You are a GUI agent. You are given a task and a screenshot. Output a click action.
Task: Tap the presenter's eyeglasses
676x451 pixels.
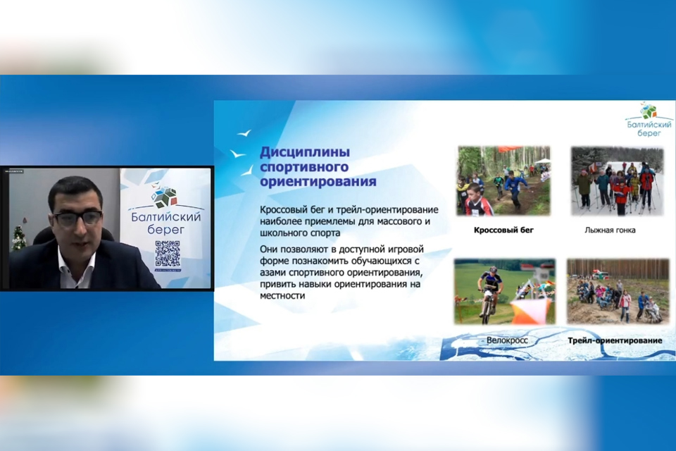click(77, 218)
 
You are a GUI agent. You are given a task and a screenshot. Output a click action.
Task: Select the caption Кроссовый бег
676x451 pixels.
click(503, 230)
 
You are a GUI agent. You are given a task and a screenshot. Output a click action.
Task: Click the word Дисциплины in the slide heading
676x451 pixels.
click(305, 152)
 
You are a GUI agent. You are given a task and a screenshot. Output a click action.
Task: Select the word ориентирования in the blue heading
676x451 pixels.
click(318, 182)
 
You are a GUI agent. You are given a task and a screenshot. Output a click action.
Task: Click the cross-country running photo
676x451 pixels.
click(503, 180)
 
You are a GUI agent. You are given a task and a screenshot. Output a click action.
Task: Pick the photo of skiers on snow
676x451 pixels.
click(617, 180)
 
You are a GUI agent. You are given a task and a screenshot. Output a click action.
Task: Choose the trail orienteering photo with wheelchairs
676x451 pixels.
click(618, 291)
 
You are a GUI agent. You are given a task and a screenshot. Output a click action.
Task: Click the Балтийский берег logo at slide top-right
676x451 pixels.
click(649, 120)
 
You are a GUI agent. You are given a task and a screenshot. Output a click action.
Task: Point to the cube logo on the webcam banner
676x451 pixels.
click(166, 196)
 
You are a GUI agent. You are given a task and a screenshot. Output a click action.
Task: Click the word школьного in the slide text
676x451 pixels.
click(286, 233)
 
